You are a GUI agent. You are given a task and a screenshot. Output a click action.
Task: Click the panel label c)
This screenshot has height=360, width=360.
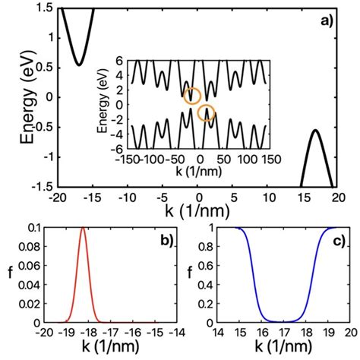point(334,241)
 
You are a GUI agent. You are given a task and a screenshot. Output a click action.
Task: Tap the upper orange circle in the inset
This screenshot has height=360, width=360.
point(192,95)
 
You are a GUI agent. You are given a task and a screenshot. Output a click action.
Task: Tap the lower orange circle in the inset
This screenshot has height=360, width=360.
point(206,113)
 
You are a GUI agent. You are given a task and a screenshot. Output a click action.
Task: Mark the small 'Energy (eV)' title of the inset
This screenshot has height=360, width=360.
point(104,106)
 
